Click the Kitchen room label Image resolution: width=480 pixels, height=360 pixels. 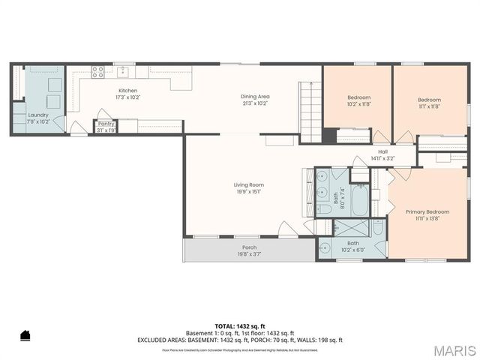(127, 93)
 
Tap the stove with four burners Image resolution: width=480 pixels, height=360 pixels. (97, 73)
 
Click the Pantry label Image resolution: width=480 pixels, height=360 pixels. (106, 126)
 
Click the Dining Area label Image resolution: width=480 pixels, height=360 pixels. (255, 99)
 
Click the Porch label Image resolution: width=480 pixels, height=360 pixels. (249, 250)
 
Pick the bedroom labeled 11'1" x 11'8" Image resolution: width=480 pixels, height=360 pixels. (429, 102)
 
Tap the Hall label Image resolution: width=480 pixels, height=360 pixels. (382, 154)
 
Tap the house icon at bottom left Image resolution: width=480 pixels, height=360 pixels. (25, 335)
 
